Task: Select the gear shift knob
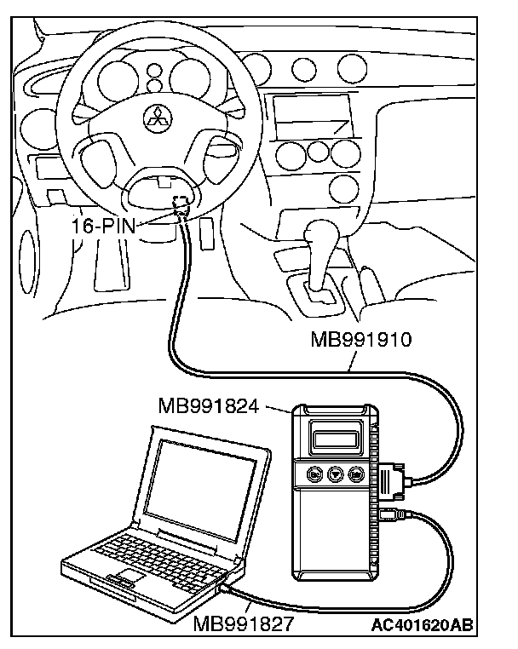[321, 233]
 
